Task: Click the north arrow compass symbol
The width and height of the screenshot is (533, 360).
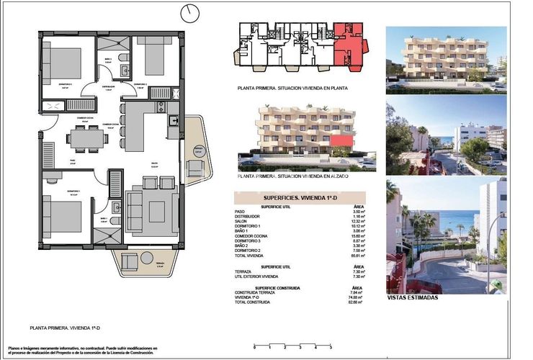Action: [190, 13]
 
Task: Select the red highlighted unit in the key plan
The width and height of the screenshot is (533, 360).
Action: [349, 48]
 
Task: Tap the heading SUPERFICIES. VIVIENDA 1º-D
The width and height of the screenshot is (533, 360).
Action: [300, 197]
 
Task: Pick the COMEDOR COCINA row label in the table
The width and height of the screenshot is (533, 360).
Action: [252, 235]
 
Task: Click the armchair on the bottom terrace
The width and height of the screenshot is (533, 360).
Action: [130, 261]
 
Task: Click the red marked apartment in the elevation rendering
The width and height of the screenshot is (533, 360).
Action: [345, 140]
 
